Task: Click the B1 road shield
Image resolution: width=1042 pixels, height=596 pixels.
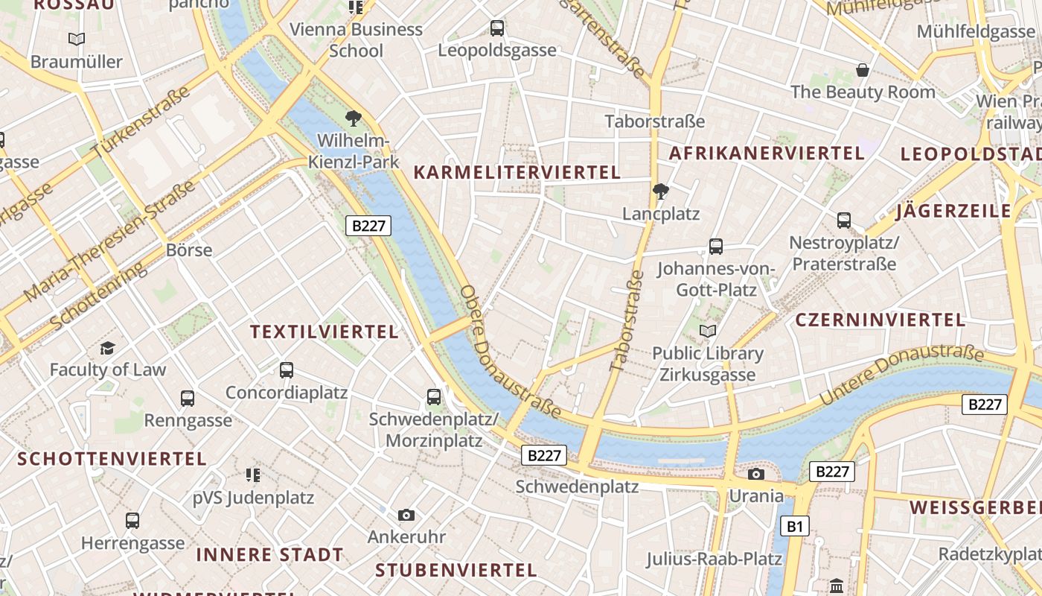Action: point(795,527)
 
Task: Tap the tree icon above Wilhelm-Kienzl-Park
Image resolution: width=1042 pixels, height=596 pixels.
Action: point(354,118)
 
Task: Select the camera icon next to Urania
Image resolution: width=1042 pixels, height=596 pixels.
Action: point(756,474)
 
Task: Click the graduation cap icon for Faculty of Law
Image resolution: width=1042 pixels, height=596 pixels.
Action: point(108,348)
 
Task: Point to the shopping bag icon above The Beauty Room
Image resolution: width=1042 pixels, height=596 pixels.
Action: point(863,70)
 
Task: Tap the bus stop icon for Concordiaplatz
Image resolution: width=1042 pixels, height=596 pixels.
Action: point(287,370)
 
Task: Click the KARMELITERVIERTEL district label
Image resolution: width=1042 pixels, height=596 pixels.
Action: point(517,173)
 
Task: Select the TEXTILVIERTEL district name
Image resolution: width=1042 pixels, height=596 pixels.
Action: point(325,332)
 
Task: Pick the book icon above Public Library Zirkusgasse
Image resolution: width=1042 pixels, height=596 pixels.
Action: point(708,331)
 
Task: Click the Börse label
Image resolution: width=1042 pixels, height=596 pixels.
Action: point(189,250)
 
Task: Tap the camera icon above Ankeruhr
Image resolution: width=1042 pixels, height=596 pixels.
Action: point(406,515)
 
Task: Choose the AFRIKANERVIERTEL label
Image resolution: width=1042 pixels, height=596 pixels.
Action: point(767,153)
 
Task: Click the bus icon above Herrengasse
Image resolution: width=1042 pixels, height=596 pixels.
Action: point(132,520)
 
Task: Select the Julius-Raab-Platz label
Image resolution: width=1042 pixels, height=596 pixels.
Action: point(714,559)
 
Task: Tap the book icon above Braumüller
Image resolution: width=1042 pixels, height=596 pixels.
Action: point(77,39)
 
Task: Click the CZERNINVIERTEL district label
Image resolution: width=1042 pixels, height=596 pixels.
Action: point(880,320)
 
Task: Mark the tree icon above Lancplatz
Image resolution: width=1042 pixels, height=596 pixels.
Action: point(660,191)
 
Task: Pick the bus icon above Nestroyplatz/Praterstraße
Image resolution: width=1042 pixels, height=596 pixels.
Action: point(843,220)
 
